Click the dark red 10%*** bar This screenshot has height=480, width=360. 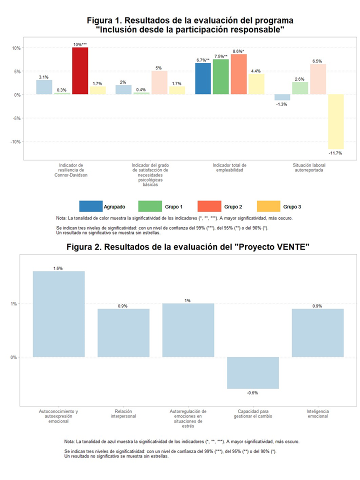point(79,71)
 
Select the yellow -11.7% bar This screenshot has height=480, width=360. point(335,121)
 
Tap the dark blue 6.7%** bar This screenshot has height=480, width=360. point(203,78)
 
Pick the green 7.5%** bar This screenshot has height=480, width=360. point(220,76)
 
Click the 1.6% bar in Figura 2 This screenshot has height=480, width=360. point(58,314)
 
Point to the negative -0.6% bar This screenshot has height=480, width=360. point(252,372)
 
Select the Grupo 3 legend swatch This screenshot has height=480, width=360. point(268,206)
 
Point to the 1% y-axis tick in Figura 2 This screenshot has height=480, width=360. point(13,303)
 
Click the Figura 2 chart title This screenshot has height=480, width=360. point(188,248)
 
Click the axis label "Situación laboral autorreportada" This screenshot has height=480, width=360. point(309,167)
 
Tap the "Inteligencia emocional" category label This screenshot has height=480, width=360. point(317,413)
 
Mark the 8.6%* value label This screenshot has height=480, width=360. point(238,51)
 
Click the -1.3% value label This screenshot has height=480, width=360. point(282,104)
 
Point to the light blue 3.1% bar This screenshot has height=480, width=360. point(44,87)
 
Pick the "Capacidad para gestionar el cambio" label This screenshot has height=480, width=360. point(252,413)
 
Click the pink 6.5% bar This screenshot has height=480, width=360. point(318,79)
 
